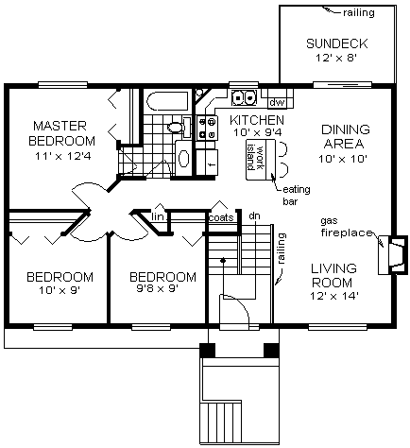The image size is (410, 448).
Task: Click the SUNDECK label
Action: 336,43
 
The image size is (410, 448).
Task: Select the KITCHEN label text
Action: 256,121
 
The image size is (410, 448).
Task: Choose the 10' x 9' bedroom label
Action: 60,284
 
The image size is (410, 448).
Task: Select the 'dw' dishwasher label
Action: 277,101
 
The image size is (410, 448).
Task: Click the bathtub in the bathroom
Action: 168,100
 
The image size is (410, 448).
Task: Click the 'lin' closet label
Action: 158,219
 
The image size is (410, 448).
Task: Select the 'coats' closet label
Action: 221,218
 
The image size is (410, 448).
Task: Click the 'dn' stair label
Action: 254,216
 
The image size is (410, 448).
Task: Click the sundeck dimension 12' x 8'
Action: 336,60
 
